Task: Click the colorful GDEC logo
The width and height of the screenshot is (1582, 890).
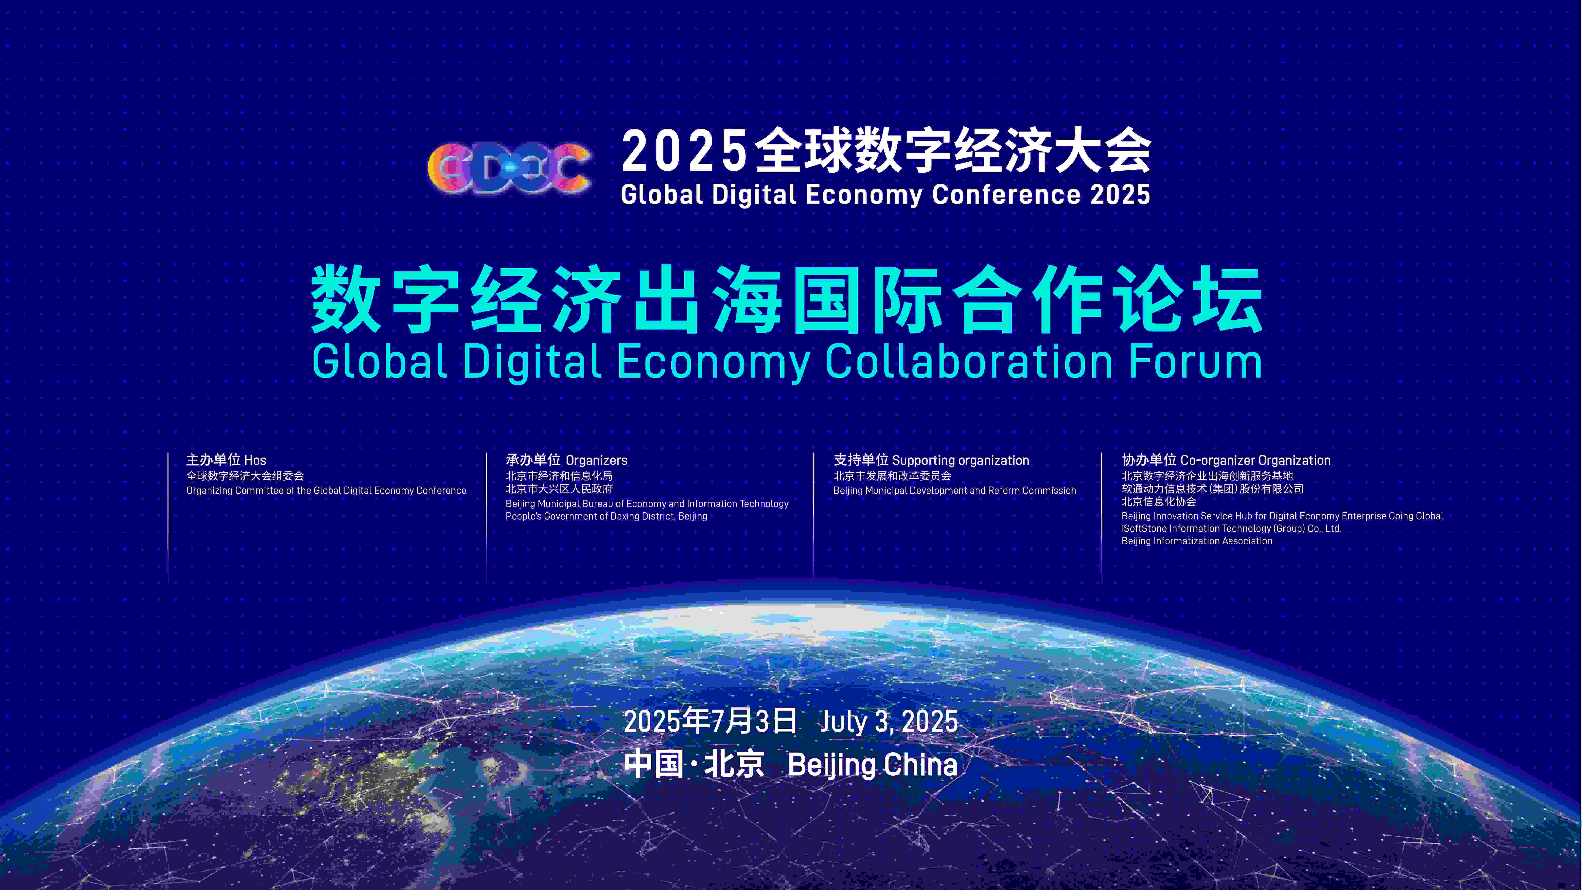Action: [509, 169]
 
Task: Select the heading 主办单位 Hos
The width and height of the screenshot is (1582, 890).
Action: [226, 460]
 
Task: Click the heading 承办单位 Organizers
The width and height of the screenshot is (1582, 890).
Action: [566, 460]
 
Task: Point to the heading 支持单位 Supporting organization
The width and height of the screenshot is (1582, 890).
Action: [931, 460]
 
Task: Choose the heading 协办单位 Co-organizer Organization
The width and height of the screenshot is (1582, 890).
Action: [1226, 460]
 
